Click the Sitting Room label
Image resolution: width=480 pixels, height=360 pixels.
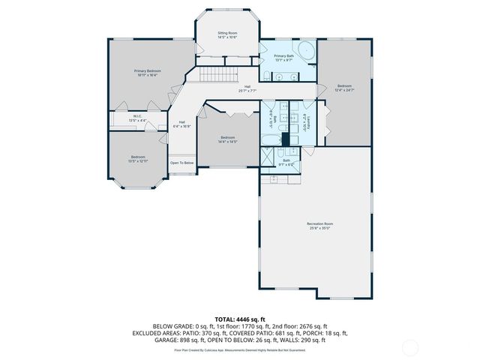click(227, 35)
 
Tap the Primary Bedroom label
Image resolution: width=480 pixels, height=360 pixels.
click(148, 72)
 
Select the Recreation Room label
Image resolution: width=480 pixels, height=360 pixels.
click(319, 226)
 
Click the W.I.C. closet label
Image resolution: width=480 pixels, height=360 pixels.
click(138, 118)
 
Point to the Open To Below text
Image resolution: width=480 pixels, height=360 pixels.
click(181, 163)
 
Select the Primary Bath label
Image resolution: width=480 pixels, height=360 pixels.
click(284, 58)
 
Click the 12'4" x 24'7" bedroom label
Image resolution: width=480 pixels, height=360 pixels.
click(344, 88)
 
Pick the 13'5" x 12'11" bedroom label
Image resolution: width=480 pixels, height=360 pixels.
click(138, 159)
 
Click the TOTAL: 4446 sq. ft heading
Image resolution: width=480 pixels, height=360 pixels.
click(240, 319)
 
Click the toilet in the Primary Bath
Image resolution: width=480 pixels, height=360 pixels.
click(268, 74)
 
